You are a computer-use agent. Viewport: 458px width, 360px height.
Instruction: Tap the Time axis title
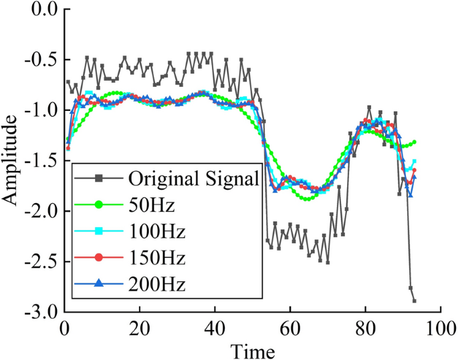(252, 349)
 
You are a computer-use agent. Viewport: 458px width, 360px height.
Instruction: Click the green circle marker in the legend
(98, 204)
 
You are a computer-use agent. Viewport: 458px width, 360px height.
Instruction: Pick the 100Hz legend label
(158, 231)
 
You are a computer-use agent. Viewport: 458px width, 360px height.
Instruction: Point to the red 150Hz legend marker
(98, 257)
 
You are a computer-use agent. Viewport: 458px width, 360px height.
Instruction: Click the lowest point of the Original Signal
(415, 301)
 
